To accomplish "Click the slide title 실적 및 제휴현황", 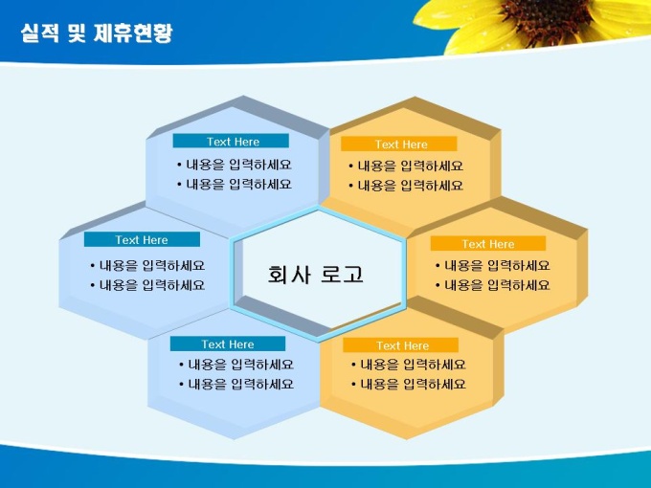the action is click(x=97, y=33).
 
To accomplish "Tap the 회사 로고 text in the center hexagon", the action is click(x=316, y=275).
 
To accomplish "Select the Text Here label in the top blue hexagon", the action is click(x=233, y=142).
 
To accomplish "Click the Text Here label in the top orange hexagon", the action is click(x=401, y=144).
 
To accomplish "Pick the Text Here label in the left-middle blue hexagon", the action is click(x=142, y=240).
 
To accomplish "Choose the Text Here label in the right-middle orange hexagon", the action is click(x=488, y=244).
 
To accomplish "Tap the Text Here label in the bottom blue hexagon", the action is click(x=228, y=344).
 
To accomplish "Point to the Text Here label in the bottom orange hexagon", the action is click(x=402, y=345).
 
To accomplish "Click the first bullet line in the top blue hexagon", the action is click(x=235, y=165).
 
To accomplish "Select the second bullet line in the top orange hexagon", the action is click(x=406, y=186).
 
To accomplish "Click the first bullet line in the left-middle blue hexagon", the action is click(x=147, y=266).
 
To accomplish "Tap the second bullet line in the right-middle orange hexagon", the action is click(x=493, y=285).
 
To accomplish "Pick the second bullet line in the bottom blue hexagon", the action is click(x=236, y=385).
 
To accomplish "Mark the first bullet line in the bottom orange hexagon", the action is click(x=409, y=365).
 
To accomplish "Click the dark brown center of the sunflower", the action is click(x=548, y=17).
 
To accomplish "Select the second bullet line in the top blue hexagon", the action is click(x=235, y=185).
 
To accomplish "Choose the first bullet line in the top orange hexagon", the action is click(x=406, y=166).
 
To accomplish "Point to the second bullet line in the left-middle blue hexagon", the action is click(x=147, y=285).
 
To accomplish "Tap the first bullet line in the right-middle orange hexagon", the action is click(x=493, y=266).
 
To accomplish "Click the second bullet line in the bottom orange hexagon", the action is click(x=409, y=385).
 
